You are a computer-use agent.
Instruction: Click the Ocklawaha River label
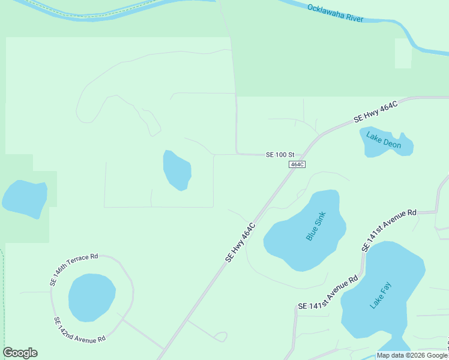336,13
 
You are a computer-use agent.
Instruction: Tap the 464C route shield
297,164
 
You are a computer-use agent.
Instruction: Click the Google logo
20,353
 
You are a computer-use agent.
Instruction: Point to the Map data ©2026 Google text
412,355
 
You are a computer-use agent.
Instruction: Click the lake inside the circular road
91,297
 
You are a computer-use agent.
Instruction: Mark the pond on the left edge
25,197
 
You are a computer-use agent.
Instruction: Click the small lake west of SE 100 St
177,170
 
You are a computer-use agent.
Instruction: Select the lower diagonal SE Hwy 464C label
241,242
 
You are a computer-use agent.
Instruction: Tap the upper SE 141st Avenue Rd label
389,230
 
